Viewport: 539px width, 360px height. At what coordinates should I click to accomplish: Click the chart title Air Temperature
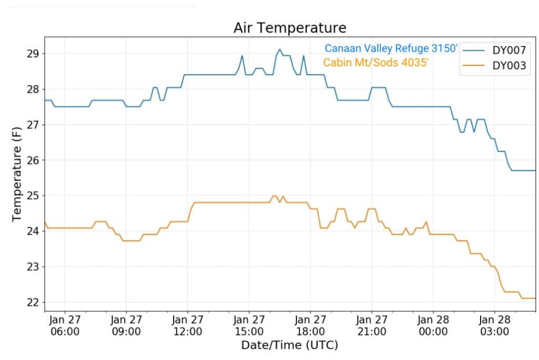point(290,27)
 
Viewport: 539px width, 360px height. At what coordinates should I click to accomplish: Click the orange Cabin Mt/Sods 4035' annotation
point(376,63)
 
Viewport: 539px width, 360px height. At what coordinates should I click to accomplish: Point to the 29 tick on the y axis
point(33,54)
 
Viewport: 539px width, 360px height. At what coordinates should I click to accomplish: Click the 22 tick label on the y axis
point(33,302)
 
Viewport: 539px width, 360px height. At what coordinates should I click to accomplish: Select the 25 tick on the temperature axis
point(33,196)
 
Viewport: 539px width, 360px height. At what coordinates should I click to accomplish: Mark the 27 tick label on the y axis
point(33,125)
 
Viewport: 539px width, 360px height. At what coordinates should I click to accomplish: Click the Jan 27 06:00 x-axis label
point(65,325)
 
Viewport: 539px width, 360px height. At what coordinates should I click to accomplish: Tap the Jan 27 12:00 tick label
point(187,325)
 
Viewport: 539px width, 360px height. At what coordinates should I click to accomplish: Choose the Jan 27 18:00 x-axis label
point(310,325)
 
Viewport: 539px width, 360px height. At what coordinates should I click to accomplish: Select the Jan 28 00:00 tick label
point(433,325)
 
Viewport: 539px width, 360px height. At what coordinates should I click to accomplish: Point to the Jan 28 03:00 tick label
point(494,325)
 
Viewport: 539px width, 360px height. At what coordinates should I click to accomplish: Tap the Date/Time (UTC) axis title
point(290,345)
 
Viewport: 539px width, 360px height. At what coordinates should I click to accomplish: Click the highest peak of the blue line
point(280,49)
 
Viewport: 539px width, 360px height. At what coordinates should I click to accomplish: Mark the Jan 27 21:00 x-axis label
point(372,325)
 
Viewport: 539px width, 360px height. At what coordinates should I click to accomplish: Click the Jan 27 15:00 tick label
point(249,325)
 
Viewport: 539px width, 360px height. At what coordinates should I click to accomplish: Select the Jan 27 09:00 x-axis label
point(126,325)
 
